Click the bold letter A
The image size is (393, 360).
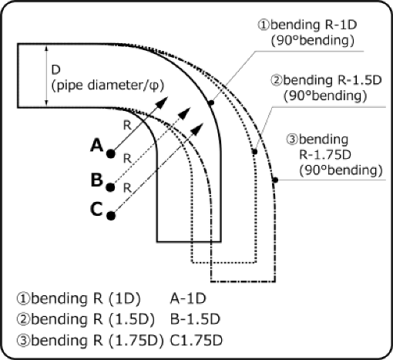(96, 144)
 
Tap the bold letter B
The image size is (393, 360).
(96, 180)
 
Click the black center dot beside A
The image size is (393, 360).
(112, 153)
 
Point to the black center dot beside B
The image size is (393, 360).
(112, 186)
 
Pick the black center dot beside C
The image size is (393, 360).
(112, 215)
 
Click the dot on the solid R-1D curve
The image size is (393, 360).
(210, 100)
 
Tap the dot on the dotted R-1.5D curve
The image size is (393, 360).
(254, 151)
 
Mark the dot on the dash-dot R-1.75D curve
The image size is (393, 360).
(274, 182)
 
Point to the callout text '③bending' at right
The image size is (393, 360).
(318, 140)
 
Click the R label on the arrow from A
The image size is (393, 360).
(127, 123)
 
